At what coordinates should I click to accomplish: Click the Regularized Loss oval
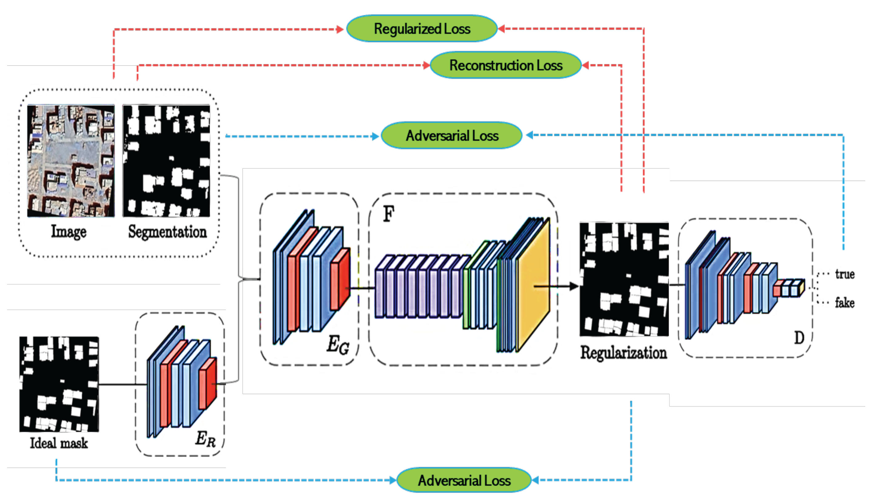click(x=422, y=29)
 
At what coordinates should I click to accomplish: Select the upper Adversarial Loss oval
click(x=452, y=136)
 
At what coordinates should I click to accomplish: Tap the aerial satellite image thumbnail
click(x=71, y=161)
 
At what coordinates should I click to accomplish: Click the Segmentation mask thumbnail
click(x=166, y=161)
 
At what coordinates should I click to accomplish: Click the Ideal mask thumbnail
click(x=59, y=384)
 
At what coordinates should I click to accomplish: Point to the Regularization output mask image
click(x=624, y=279)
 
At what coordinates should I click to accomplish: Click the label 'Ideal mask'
click(x=59, y=443)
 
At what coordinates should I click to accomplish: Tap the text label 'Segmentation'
click(x=167, y=232)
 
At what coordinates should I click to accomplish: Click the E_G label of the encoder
click(x=338, y=345)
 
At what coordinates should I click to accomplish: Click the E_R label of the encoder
click(x=205, y=439)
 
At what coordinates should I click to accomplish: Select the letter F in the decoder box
click(x=388, y=213)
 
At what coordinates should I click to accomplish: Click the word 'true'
click(x=844, y=274)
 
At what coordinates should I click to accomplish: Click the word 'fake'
click(x=844, y=303)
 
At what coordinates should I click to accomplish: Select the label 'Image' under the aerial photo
click(x=69, y=232)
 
